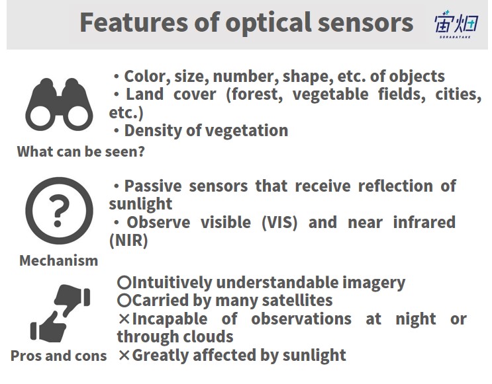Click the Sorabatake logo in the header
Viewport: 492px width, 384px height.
pos(456,24)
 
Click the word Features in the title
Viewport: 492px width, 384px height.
pos(134,22)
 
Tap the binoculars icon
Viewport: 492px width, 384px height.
pos(59,104)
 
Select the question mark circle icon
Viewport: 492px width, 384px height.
pos(59,210)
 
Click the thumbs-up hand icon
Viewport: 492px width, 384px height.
pos(48,328)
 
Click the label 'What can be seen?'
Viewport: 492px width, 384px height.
pos(81,151)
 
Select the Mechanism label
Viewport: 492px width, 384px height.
pos(59,260)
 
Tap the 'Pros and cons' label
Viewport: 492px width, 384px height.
pos(59,356)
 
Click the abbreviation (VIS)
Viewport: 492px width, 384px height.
pos(279,223)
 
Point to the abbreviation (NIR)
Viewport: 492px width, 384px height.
pos(128,241)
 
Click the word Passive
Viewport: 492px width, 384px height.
pos(153,186)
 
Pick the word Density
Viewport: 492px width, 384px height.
pos(153,131)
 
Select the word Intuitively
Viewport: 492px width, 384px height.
pos(172,282)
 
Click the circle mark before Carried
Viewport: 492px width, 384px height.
pos(124,301)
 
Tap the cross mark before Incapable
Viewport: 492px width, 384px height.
pos(124,319)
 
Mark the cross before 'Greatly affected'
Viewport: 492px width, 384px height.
pos(124,355)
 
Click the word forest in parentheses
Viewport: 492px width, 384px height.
pos(254,95)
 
